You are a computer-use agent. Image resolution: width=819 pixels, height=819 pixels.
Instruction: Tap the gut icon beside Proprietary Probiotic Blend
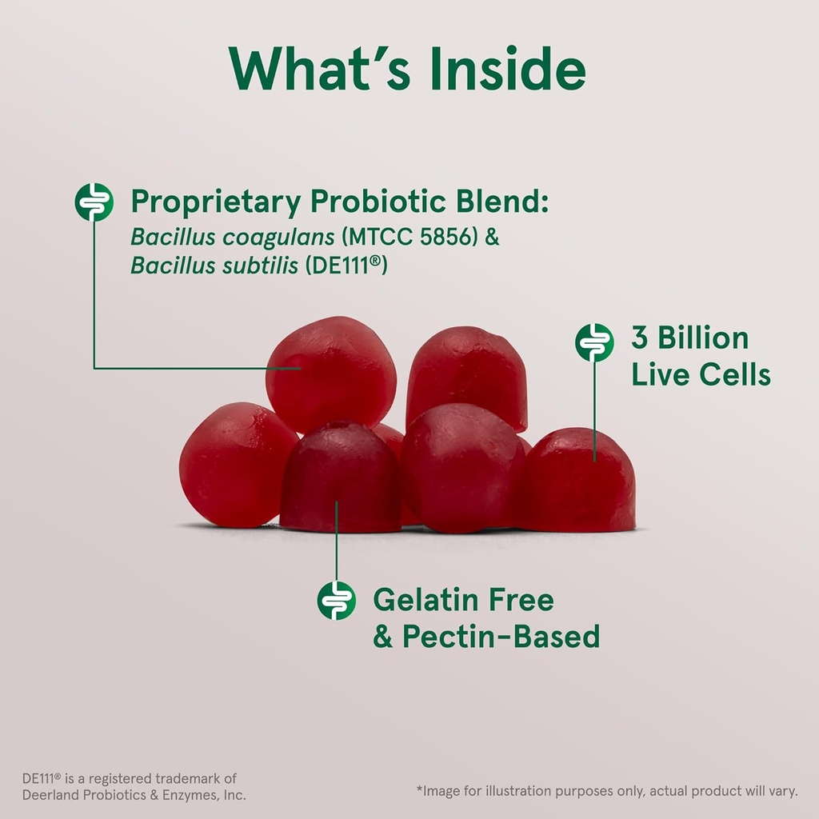(x=94, y=202)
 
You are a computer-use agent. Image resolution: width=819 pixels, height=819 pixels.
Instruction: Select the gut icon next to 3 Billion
(x=594, y=342)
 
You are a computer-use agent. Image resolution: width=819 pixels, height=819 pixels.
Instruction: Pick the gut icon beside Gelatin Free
(x=336, y=600)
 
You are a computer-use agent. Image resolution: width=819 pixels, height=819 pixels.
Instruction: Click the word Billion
(x=702, y=338)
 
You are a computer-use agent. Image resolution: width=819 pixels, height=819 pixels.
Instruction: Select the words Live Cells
(x=701, y=374)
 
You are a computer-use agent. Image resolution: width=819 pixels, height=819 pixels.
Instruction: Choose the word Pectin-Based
(x=501, y=637)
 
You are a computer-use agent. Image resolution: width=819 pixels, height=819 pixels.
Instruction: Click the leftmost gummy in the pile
(x=232, y=465)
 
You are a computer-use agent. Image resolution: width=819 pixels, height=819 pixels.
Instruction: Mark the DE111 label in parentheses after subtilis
(x=346, y=266)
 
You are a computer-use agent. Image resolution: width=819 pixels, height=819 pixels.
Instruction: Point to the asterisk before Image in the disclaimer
(x=419, y=791)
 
